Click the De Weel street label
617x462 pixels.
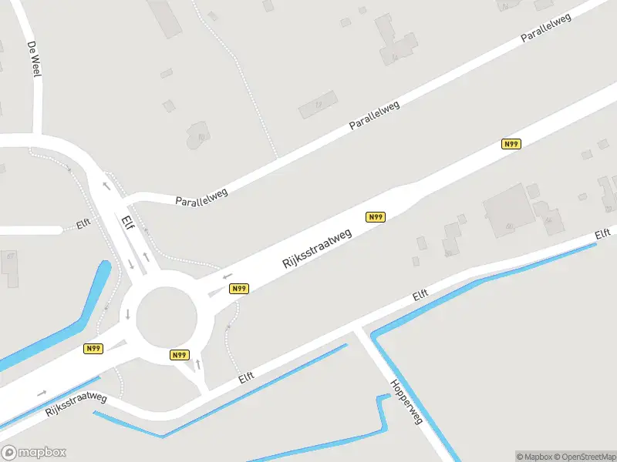click(x=32, y=59)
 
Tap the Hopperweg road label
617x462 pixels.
click(x=406, y=402)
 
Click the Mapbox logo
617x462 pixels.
click(x=33, y=453)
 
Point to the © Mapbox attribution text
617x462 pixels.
click(x=534, y=457)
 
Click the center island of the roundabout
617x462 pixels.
click(x=167, y=316)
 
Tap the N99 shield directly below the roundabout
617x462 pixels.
click(x=179, y=355)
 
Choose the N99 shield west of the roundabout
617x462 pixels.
click(x=93, y=349)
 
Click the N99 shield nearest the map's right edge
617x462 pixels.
click(x=511, y=144)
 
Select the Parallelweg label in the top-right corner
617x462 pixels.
click(x=545, y=28)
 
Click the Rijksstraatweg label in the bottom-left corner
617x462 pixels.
click(x=76, y=403)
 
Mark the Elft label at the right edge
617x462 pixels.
click(x=602, y=234)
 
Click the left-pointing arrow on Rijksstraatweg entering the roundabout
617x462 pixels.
click(x=227, y=276)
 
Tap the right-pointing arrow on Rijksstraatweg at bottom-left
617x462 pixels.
click(x=41, y=393)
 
